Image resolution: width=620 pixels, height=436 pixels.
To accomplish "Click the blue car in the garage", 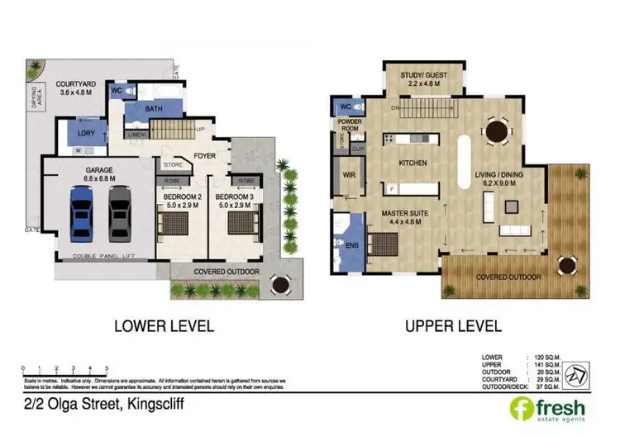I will pyautogui.click(x=82, y=212).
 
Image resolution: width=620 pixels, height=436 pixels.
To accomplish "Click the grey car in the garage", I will pyautogui.click(x=120, y=212).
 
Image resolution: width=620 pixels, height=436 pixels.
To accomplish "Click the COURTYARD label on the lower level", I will pyautogui.click(x=76, y=85).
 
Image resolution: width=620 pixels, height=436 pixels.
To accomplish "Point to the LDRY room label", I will pyautogui.click(x=83, y=132).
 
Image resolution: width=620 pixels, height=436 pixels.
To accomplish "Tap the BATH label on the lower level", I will pyautogui.click(x=153, y=108).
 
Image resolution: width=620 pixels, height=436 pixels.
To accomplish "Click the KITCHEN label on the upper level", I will pyautogui.click(x=412, y=163).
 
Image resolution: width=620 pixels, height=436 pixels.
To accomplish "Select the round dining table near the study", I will pyautogui.click(x=496, y=130).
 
